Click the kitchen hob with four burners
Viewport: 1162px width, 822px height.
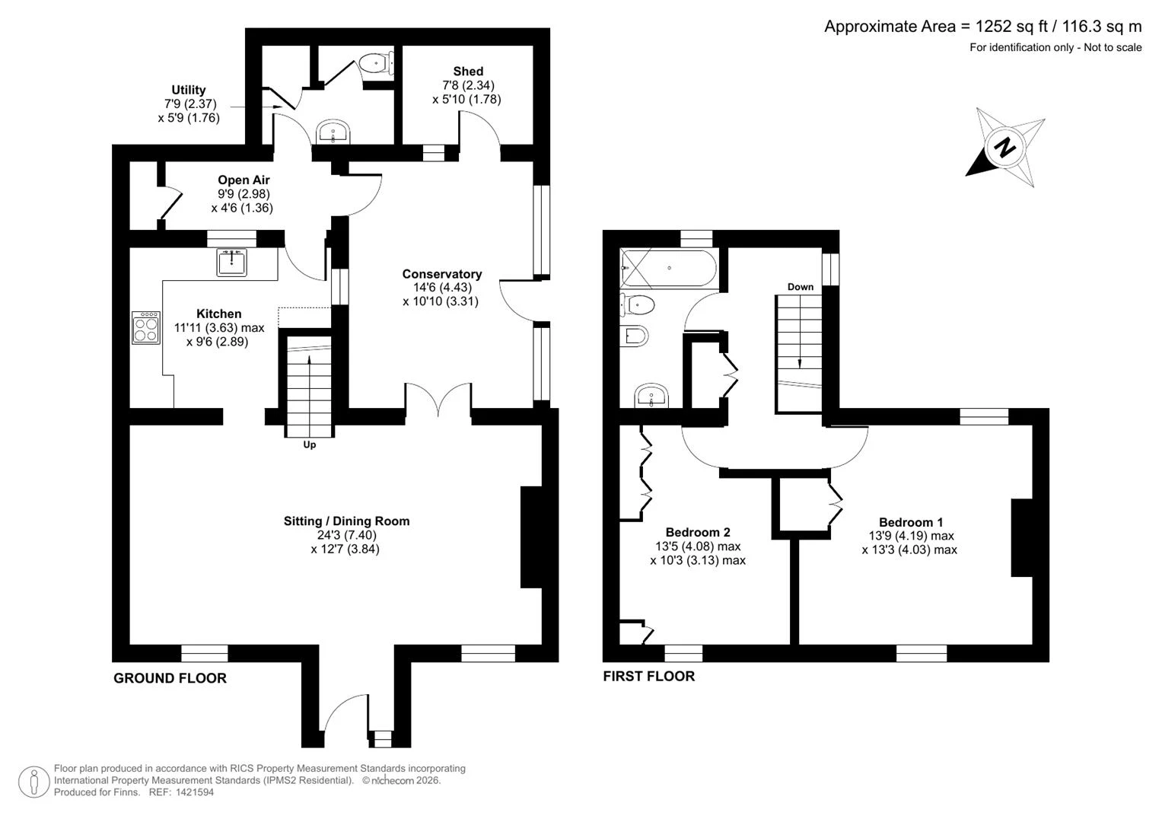(146, 327)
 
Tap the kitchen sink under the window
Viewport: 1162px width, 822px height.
(231, 262)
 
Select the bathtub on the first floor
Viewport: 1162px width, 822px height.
(669, 268)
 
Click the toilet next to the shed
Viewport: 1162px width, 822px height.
(376, 64)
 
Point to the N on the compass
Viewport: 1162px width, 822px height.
(1005, 148)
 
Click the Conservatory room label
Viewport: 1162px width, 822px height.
(442, 274)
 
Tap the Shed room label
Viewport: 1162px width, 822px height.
(468, 71)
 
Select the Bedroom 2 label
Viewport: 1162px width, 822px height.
(698, 532)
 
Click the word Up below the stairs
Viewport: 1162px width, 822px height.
(310, 444)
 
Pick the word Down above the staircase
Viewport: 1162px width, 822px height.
(801, 287)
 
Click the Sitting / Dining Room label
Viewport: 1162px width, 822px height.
(346, 521)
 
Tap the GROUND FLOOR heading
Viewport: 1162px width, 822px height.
(170, 678)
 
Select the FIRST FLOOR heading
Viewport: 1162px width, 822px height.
(649, 676)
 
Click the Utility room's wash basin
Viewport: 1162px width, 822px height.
(333, 132)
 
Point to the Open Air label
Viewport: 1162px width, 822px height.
(244, 180)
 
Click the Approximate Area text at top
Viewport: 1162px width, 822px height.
(983, 27)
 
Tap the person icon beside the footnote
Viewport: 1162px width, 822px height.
(34, 782)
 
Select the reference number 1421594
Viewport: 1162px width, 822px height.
(195, 792)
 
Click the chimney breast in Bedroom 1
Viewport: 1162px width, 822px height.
(1022, 537)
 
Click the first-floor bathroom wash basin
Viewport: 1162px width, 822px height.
(651, 396)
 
